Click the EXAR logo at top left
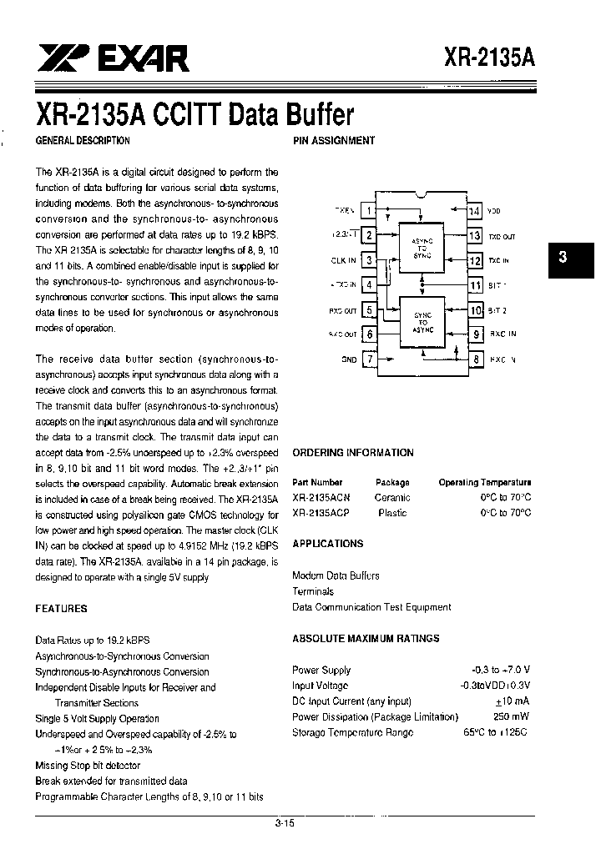point(114,58)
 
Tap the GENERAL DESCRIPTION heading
point(82,141)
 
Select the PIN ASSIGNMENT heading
point(334,141)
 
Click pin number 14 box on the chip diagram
point(474,212)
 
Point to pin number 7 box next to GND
point(369,359)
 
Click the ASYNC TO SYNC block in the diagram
point(422,247)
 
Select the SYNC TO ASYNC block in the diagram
point(422,321)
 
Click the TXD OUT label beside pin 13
point(502,237)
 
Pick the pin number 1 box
point(369,211)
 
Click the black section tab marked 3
point(563,258)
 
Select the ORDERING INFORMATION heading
point(353,453)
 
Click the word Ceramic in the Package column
point(392,498)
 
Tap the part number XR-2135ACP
point(321,513)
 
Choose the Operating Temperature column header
point(485,482)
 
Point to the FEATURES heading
point(61,609)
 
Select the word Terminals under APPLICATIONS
point(313,591)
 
